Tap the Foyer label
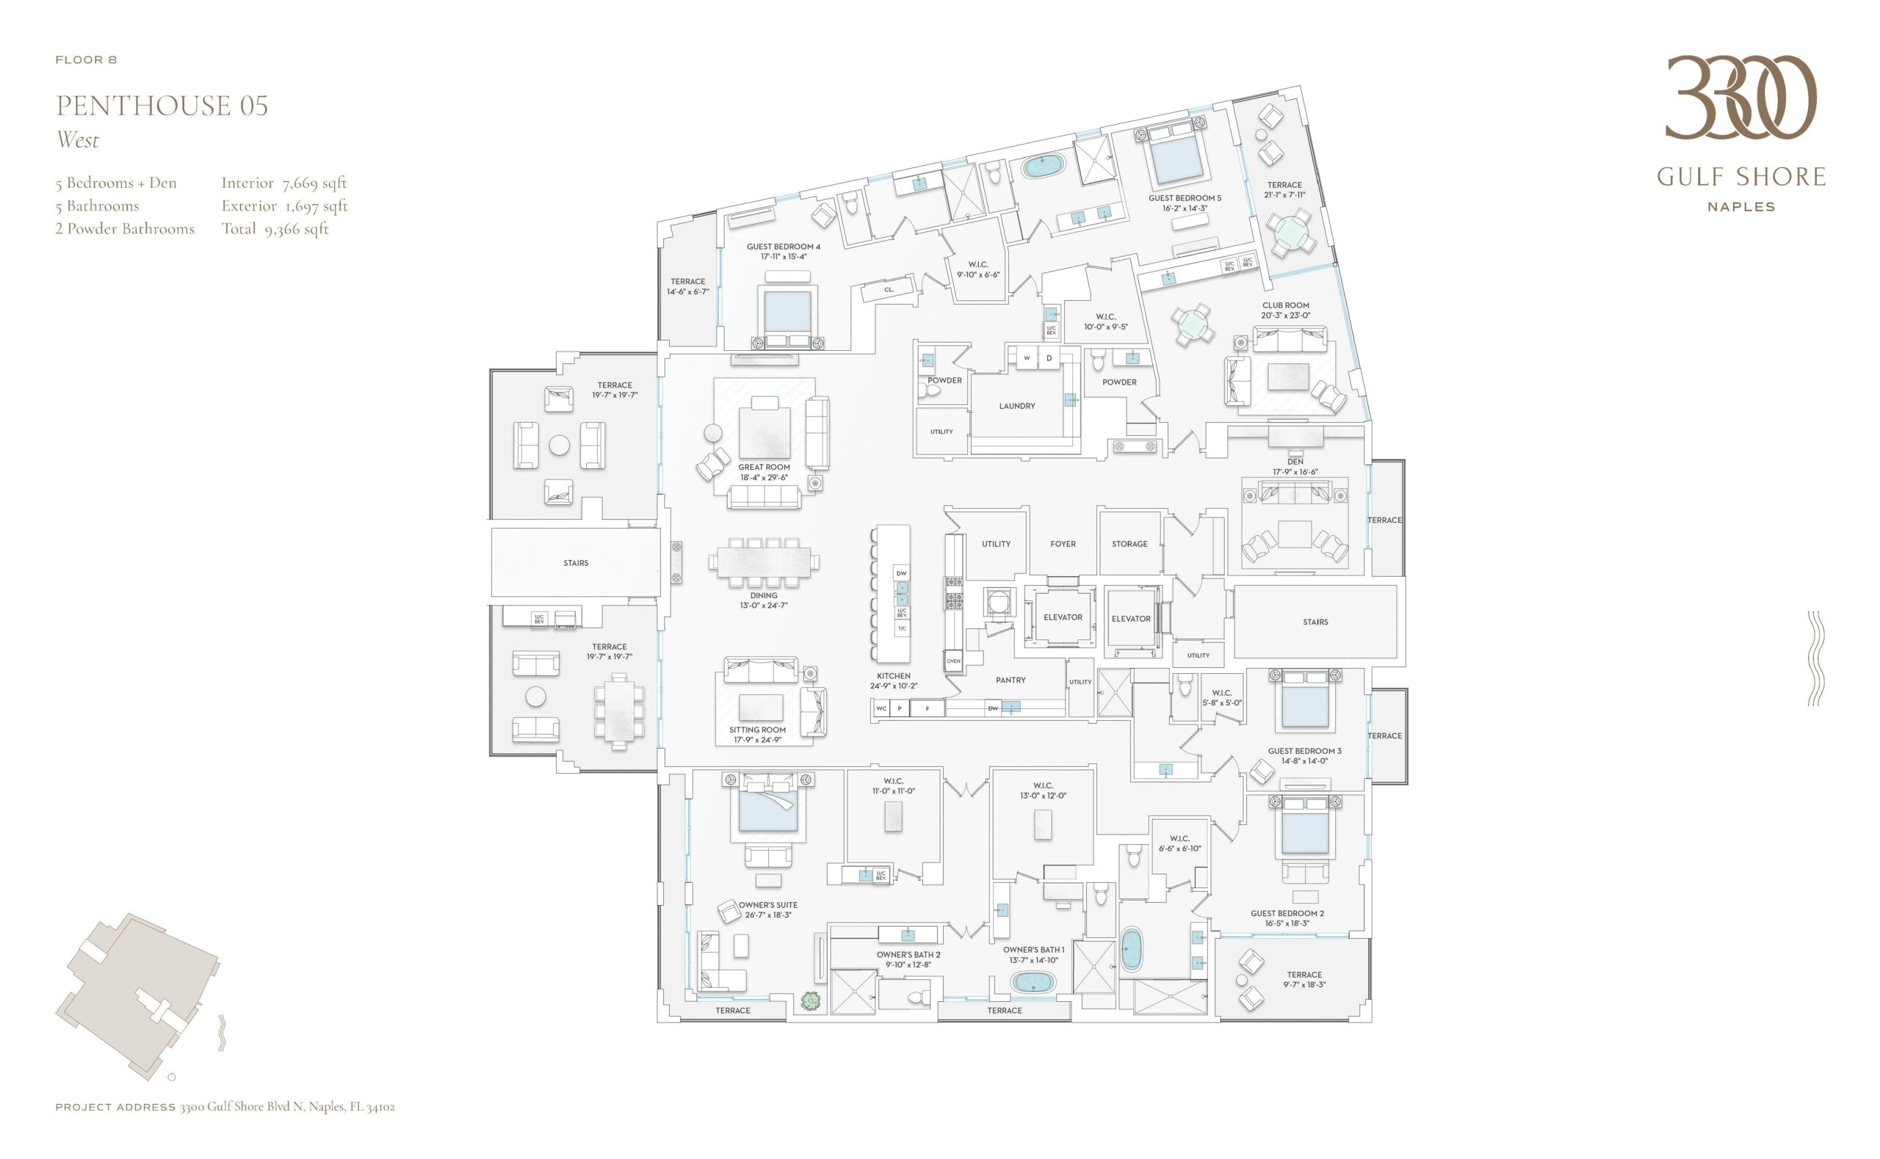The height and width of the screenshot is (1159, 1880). [1063, 543]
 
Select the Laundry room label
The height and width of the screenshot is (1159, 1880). [1016, 405]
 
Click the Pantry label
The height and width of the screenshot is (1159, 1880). [1010, 680]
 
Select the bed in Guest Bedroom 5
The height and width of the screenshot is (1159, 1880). [1178, 153]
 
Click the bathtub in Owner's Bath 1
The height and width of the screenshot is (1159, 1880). [1032, 982]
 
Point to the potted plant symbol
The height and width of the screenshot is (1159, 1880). [811, 1000]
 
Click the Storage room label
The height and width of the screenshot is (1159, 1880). [1129, 543]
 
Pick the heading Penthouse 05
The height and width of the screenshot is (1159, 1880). [162, 106]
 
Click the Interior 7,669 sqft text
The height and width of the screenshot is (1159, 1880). [283, 184]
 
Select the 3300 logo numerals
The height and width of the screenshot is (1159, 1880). [1740, 98]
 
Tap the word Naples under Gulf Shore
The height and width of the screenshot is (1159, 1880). [1741, 207]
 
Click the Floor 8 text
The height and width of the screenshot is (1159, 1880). [86, 59]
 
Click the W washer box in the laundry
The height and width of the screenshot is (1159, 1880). [1027, 358]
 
